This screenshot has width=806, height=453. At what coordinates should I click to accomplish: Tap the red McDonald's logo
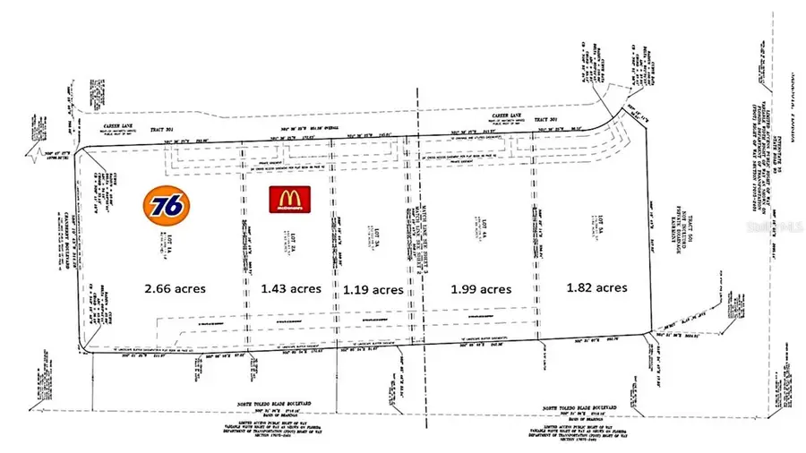coord(289,199)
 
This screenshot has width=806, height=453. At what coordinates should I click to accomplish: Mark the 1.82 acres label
coord(596,288)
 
